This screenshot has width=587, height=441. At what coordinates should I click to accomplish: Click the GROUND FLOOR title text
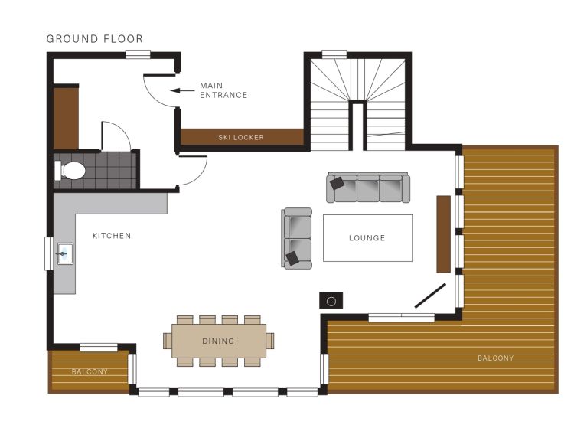tap(95, 39)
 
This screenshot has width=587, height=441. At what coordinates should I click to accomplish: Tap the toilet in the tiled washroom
tap(70, 171)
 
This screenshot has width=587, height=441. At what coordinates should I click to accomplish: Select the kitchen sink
tap(65, 254)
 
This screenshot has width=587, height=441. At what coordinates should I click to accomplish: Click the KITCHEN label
tap(112, 236)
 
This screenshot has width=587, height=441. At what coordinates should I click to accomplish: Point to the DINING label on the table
tap(218, 341)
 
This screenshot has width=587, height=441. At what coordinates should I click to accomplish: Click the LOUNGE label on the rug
tap(367, 238)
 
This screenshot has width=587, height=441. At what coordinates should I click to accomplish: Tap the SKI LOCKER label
tap(241, 137)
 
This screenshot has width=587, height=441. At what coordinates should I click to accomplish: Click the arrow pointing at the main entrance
tap(183, 90)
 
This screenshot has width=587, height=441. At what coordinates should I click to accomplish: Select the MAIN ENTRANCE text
tap(223, 90)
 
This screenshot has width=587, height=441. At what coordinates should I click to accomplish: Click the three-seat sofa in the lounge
tap(368, 188)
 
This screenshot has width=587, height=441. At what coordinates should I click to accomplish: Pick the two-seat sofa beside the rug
tap(297, 238)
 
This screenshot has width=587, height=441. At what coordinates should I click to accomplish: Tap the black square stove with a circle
tap(331, 301)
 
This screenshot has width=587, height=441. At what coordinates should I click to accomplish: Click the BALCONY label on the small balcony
tap(90, 372)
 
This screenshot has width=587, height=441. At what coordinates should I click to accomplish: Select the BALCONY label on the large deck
tap(495, 358)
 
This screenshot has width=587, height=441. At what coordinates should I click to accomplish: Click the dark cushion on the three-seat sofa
tap(337, 183)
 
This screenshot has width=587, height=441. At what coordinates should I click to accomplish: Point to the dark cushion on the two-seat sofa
tap(293, 258)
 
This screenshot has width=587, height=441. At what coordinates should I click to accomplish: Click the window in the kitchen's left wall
tap(49, 253)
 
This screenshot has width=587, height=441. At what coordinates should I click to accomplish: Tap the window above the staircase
tap(334, 54)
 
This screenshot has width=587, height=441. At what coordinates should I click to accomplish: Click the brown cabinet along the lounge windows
tap(444, 234)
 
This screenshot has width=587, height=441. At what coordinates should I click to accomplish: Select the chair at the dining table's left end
tap(168, 341)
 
